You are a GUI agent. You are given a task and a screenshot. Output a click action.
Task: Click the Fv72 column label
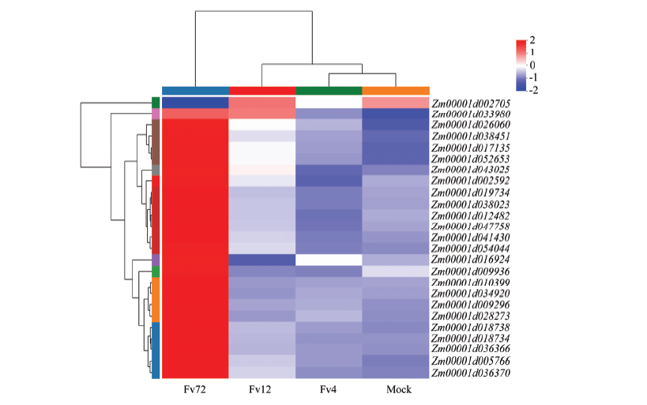coord(195,389)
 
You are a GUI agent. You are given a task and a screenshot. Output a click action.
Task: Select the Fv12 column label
coord(261,389)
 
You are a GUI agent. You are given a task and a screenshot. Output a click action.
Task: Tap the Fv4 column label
coord(328,389)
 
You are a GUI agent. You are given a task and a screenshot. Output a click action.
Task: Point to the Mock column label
coord(399,389)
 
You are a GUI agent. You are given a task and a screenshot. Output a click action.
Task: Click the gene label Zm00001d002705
coord(471,103)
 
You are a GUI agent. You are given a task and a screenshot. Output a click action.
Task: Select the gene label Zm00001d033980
coord(471,114)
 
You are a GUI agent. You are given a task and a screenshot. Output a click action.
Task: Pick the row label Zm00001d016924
coord(471,260)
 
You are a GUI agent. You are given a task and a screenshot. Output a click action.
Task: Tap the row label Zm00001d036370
coord(471,373)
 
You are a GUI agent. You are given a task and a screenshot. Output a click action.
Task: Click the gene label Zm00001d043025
coord(471,170)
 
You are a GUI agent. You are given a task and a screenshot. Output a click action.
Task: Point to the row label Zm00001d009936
coord(471,272)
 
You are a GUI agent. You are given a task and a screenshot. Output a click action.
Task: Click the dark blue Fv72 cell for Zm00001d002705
coord(195,103)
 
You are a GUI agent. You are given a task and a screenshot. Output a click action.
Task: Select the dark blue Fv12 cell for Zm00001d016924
coord(262,260)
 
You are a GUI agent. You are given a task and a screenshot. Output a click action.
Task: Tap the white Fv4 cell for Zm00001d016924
coord(329,260)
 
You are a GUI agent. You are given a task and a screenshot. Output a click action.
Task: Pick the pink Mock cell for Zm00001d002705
coord(396,103)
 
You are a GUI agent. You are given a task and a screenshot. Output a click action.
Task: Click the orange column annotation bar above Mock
coord(396,91)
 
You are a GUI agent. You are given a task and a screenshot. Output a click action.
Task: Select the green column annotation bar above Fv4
coord(329,91)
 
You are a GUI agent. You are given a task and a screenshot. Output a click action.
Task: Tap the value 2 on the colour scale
coord(532,40)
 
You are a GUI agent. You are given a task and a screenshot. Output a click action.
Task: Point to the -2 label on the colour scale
coord(533,90)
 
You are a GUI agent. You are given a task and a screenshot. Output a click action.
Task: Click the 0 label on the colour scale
coord(532,66)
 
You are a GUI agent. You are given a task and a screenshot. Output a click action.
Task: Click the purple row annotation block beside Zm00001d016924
coord(156,261)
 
